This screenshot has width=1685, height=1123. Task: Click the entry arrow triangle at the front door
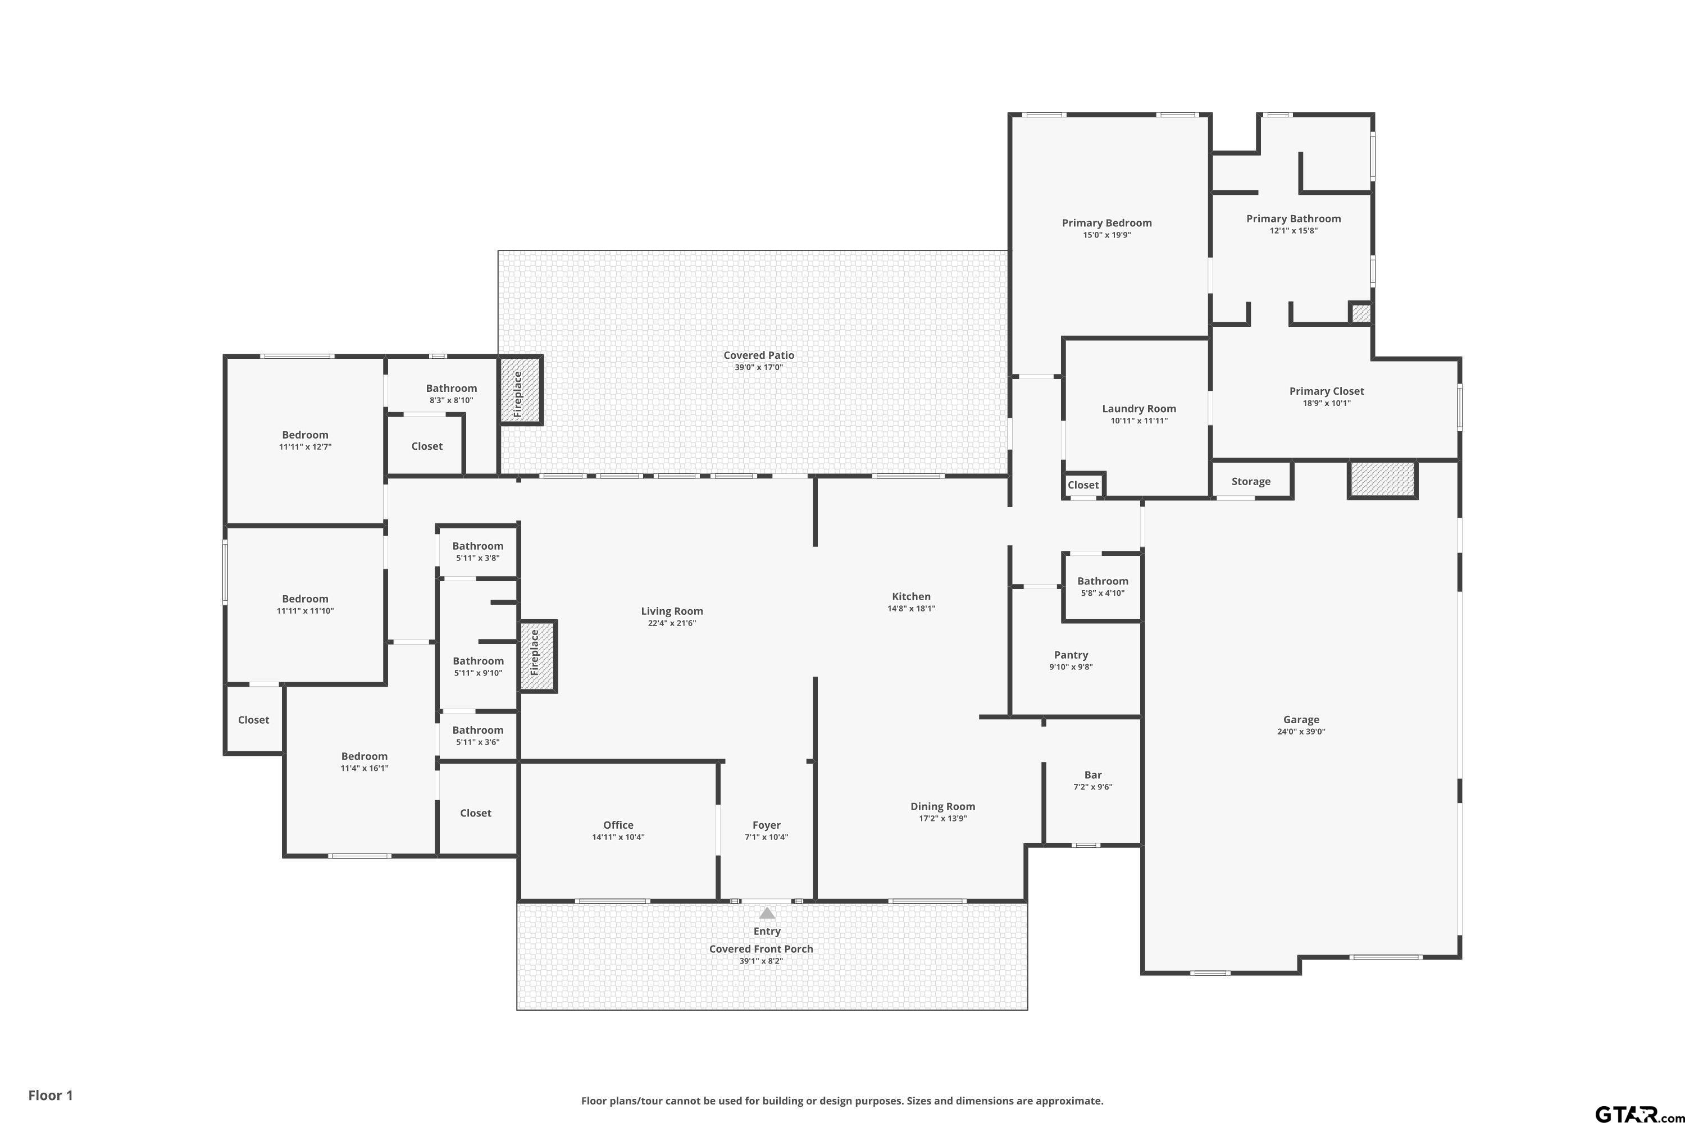tap(767, 913)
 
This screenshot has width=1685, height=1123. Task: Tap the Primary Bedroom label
tap(1107, 223)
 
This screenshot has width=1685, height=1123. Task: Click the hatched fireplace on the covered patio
tap(520, 391)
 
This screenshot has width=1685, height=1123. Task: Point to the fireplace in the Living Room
tap(538, 656)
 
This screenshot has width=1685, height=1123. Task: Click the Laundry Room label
tap(1139, 409)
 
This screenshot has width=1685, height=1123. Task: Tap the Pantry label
tap(1071, 655)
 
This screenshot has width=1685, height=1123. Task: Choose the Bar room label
tap(1092, 775)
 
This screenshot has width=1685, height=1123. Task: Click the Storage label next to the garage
tap(1251, 482)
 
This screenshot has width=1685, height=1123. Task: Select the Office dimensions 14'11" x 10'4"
tap(618, 837)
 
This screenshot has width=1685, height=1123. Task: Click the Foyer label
tap(767, 825)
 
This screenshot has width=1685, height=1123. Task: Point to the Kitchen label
tap(911, 596)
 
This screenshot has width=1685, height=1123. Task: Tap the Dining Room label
tap(943, 806)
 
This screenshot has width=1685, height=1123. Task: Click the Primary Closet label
tap(1327, 391)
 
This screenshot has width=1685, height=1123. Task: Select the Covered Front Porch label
tap(761, 949)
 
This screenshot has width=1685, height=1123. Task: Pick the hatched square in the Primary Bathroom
tap(1360, 313)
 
